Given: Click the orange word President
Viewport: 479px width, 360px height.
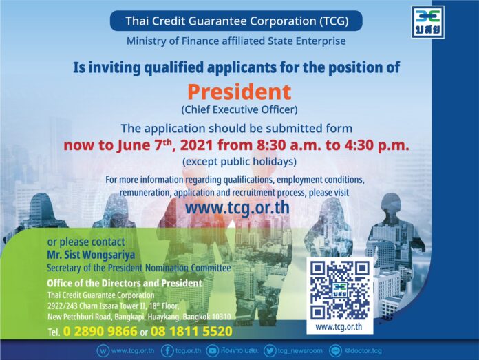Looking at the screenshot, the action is point(239,92).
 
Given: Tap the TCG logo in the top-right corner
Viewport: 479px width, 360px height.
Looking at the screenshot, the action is point(427,22).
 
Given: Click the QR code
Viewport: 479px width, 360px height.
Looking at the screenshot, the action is point(340,290).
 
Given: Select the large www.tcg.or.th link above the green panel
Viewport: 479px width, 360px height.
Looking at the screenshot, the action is point(237,208).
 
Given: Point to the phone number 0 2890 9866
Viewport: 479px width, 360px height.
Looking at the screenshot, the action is point(100,331).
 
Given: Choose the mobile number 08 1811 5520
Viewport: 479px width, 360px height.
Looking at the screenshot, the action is point(191,331).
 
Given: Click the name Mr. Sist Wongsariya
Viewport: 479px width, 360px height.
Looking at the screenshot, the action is point(91,255).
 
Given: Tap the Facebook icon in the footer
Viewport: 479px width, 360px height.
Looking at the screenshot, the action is point(167,350).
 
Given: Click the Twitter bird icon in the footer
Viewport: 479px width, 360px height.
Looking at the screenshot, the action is point(270,350).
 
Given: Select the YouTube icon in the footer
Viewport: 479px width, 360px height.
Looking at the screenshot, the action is point(212,350).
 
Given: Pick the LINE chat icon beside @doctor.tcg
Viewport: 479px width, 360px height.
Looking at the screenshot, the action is point(335,350).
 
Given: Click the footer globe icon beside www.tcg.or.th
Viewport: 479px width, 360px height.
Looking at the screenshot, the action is point(103,350).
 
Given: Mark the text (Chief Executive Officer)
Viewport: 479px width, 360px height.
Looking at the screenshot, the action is point(239,109).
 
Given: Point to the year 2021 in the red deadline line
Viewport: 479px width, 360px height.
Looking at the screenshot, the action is point(196,145).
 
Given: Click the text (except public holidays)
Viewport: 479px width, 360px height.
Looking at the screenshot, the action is point(239,161).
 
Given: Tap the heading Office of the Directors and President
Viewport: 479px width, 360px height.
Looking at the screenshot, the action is point(125,283).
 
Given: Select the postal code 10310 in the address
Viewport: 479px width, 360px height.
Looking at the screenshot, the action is point(221,317).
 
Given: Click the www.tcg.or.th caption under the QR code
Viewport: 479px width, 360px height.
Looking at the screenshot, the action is point(339,327).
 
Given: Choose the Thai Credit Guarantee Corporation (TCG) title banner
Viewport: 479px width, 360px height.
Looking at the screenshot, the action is point(236,21).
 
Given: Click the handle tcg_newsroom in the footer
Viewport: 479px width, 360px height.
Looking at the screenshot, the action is point(300,350).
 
